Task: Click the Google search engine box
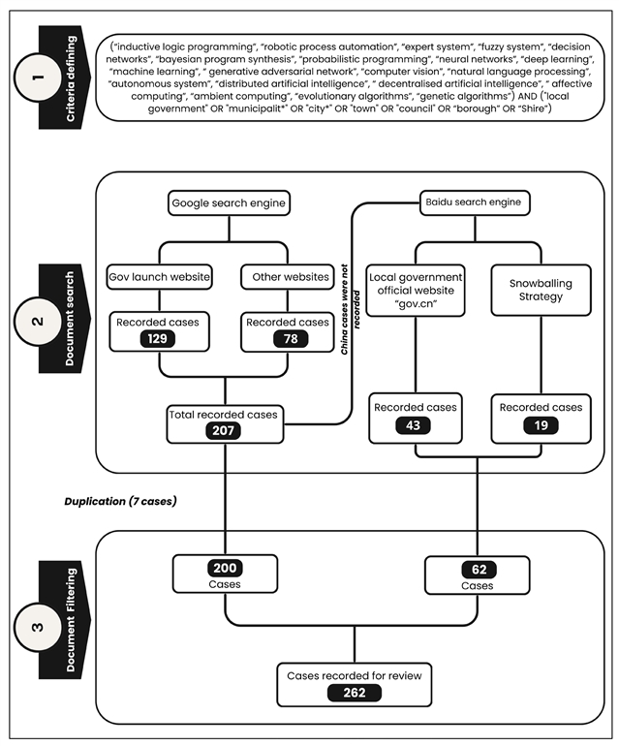coord(229,203)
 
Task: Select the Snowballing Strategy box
coord(540,290)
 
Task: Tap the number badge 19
coord(541,425)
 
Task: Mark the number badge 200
coord(226,569)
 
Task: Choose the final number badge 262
coord(354,693)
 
